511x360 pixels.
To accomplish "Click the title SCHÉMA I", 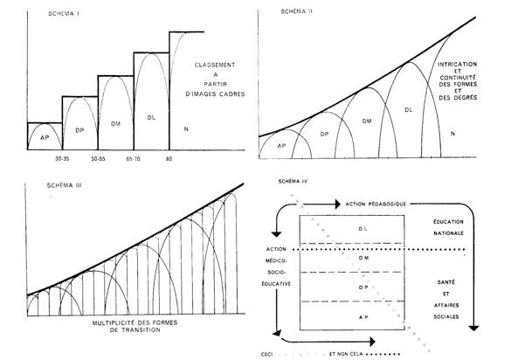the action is point(64,14).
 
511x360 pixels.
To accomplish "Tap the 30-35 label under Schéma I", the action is point(62,159).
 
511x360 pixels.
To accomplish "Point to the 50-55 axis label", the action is point(98,159).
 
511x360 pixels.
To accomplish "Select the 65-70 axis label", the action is point(134,159).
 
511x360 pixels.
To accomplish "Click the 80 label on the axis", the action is point(169,159).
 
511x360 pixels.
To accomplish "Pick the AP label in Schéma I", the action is point(45,137).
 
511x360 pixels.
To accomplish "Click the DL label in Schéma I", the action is point(151,118).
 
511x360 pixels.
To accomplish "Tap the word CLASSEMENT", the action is point(215,65).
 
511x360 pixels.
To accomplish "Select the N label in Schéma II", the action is point(452,134).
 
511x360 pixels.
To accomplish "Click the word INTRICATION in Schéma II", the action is point(457,65).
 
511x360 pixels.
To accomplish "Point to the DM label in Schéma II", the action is point(367,121).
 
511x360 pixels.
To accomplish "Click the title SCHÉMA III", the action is point(65,185).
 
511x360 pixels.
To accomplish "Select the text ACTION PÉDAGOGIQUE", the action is point(376,204).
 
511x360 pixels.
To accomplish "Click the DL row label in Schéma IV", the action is point(363,229).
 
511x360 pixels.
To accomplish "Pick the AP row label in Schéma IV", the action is point(363,317).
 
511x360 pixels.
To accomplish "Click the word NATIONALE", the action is point(448,233).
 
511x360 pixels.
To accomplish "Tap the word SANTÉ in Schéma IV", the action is point(446,282).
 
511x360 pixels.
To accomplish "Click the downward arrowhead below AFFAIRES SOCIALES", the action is point(473,328).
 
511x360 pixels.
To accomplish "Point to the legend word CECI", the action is point(267,354).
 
